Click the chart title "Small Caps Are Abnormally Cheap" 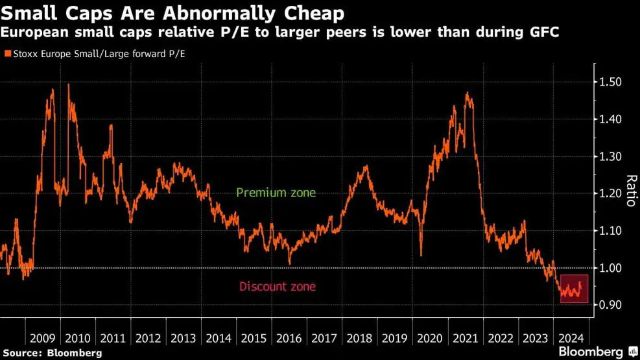(x=173, y=13)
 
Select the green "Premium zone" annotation (x=276, y=193)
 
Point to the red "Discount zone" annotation (x=278, y=286)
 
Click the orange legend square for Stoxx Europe (x=8, y=54)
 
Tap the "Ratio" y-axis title (x=630, y=190)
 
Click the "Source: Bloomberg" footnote (x=51, y=353)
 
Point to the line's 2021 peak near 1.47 (x=467, y=93)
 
